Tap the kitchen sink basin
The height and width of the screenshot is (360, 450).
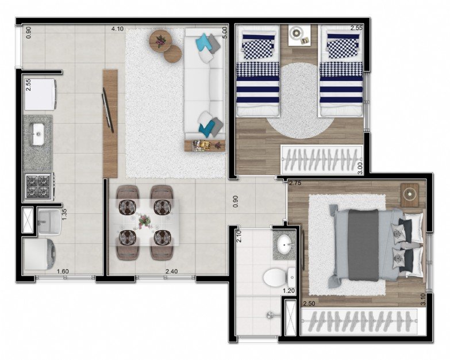click(x=37, y=134)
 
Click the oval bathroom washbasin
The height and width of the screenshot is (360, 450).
click(x=285, y=245)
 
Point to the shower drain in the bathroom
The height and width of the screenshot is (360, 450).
click(x=270, y=315)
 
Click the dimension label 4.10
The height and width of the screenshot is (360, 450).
click(x=117, y=29)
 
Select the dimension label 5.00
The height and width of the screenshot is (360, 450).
click(x=225, y=32)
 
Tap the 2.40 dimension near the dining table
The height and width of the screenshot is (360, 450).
click(x=172, y=271)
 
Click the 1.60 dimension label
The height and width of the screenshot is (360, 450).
click(x=63, y=271)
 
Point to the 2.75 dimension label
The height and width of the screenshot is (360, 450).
click(x=295, y=183)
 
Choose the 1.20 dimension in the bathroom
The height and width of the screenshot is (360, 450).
click(x=289, y=290)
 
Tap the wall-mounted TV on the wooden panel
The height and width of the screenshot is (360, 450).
click(x=108, y=110)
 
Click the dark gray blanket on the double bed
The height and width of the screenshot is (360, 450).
click(x=363, y=245)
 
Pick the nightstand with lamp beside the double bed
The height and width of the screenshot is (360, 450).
click(x=410, y=194)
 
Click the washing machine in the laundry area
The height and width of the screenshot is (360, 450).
click(x=40, y=254)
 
